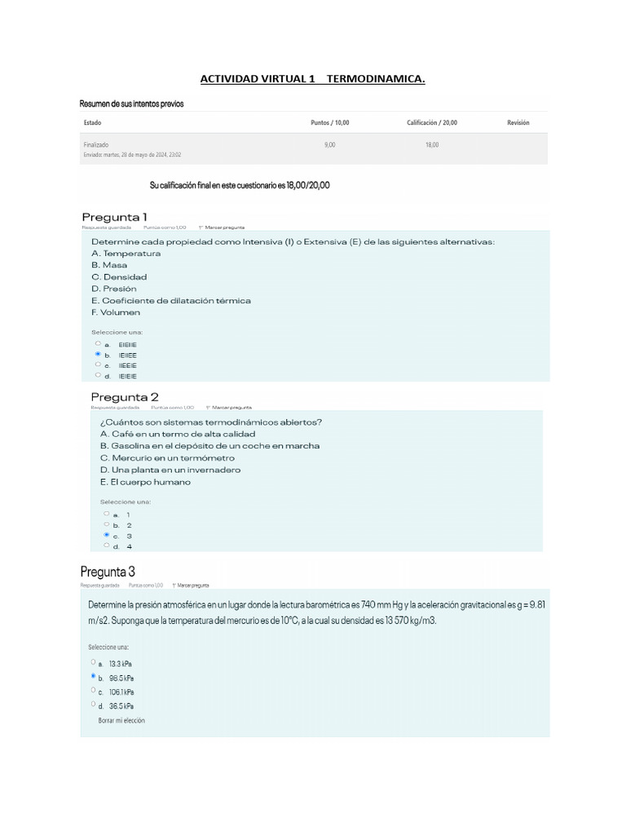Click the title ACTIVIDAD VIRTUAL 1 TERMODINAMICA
point(313,79)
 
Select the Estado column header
point(92,123)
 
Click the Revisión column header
point(518,123)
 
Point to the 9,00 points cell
point(329,144)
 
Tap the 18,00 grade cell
point(431,144)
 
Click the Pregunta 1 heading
point(114,216)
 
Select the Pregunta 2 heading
point(125,396)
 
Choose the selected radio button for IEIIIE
point(98,355)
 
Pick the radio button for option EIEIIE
point(98,344)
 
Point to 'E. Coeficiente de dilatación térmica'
point(170,300)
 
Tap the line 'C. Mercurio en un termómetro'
point(167,457)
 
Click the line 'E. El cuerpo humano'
point(145,482)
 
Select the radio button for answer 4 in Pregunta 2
point(106,546)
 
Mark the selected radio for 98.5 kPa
point(94,677)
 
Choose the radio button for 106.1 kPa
point(94,691)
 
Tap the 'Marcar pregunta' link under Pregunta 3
point(193,585)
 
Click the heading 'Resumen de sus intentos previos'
point(131,104)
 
